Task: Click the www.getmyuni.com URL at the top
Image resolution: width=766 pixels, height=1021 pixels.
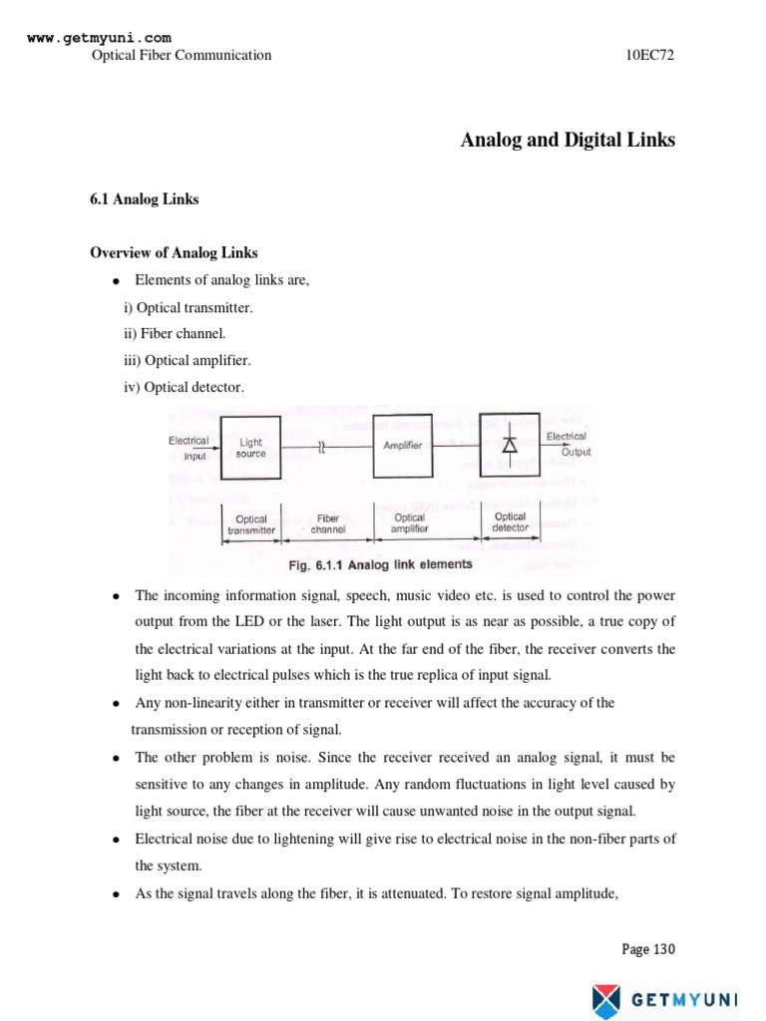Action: [x=92, y=38]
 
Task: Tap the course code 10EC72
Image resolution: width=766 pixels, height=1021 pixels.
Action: [x=650, y=56]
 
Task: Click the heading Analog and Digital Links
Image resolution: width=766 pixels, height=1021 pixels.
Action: [x=568, y=141]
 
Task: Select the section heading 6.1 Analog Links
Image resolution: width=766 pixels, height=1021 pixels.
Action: [x=145, y=199]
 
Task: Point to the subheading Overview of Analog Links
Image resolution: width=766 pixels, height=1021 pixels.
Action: [x=175, y=253]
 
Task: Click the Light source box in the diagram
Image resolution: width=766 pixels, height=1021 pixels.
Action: [x=250, y=448]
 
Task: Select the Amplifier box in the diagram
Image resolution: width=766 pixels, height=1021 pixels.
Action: [x=403, y=446]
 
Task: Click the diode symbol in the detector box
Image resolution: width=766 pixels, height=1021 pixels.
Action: [x=510, y=445]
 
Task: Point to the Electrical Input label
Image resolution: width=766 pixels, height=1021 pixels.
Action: [x=189, y=448]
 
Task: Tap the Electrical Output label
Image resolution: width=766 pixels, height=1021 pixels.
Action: [x=567, y=444]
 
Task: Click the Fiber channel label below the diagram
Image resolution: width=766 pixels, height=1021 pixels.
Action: [x=328, y=523]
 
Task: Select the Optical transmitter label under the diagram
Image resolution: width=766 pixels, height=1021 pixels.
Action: [x=250, y=524]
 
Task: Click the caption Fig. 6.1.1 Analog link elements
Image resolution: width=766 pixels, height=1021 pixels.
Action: [x=380, y=565]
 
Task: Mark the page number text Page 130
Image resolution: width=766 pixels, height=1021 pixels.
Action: [x=648, y=949]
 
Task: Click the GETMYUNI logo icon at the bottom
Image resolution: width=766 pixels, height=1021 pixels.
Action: [x=605, y=998]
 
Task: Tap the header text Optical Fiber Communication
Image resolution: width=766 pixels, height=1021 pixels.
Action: [x=182, y=56]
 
